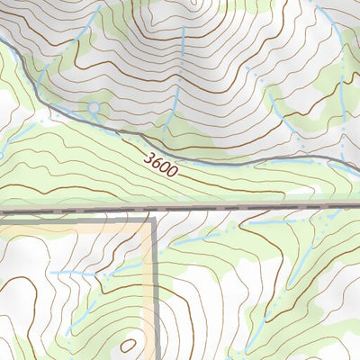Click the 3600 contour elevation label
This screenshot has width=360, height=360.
click(x=161, y=164)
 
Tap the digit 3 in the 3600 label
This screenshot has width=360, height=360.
click(x=148, y=157)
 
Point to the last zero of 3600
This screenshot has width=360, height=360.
click(x=173, y=171)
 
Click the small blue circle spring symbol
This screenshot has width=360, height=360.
click(x=94, y=109)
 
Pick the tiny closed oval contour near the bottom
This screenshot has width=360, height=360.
click(x=129, y=344)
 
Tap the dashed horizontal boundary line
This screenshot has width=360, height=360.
click(x=252, y=207)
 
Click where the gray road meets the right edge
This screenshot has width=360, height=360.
click(x=358, y=168)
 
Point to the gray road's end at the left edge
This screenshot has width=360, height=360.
click(x=3, y=41)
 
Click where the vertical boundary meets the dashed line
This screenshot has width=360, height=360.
click(x=155, y=208)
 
